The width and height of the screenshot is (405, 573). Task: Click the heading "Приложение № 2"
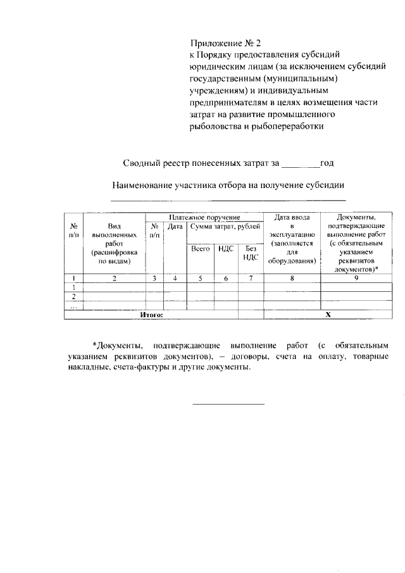click(x=226, y=44)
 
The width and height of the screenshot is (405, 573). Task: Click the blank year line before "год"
click(x=300, y=167)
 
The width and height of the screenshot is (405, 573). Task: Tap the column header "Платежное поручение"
click(x=204, y=217)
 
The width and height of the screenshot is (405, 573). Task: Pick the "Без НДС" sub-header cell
click(x=251, y=253)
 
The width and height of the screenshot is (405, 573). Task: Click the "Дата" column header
click(x=175, y=226)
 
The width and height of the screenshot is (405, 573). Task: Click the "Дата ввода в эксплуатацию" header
click(x=292, y=239)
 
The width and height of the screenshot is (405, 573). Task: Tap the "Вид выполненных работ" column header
click(x=114, y=243)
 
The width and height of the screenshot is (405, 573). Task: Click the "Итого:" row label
click(x=151, y=314)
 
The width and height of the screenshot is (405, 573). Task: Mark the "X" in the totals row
click(x=327, y=314)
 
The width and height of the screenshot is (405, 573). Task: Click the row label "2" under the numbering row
click(x=74, y=296)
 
